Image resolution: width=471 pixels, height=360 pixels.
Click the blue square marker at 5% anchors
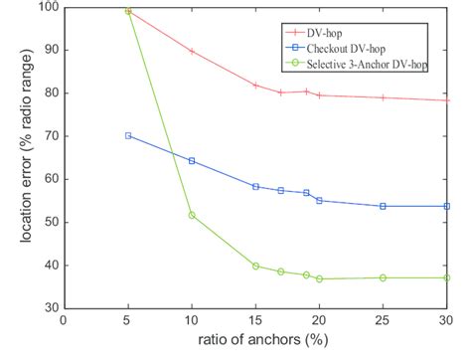click(128, 135)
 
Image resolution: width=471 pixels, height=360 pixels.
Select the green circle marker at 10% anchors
click(192, 215)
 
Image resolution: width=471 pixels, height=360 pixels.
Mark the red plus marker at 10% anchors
click(192, 51)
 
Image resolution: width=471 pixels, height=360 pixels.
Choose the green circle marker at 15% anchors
click(255, 266)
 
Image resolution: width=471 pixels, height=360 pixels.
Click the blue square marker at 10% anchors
click(192, 160)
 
